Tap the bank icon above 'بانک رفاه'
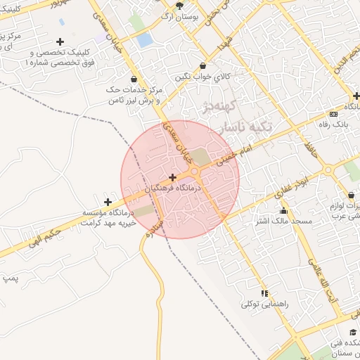pos(333,115)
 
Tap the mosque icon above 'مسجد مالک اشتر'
pos(283,210)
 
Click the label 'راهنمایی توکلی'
pos(265,304)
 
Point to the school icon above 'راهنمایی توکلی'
pos(264,292)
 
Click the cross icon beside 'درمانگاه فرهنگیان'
pos(173,176)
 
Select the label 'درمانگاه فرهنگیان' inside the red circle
pos(174,188)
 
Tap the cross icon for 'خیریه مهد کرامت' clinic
pos(108,202)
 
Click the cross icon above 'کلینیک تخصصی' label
pos(60,42)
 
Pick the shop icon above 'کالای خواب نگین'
pos(193,65)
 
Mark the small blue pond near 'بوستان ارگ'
pos(145,40)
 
